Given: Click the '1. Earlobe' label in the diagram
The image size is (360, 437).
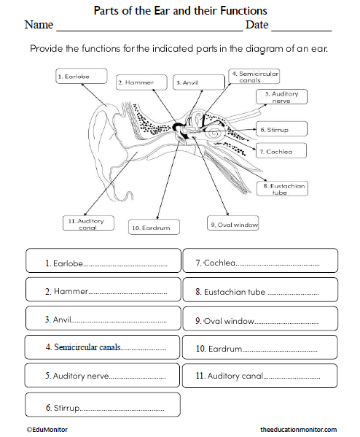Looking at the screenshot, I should (x=81, y=76).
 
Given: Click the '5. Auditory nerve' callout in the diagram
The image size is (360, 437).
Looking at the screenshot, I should (x=281, y=98).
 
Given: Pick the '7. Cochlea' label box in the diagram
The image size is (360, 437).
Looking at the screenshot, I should (x=279, y=151).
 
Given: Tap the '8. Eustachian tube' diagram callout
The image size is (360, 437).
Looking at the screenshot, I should (x=283, y=189).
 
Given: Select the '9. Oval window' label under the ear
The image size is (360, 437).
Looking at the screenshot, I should (x=232, y=225).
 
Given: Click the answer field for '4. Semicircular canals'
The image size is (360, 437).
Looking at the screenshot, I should (x=102, y=347).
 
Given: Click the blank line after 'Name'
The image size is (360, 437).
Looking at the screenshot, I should (x=149, y=28).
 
